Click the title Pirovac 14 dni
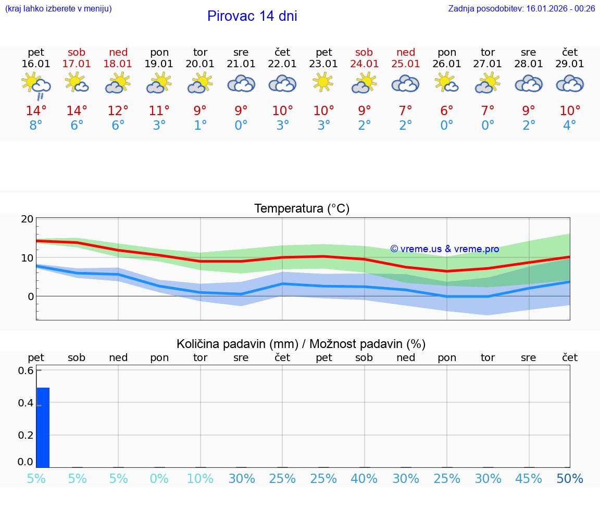tap(252, 16)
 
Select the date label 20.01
tap(201, 64)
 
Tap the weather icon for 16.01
tap(36, 85)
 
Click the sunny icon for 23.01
tap(323, 82)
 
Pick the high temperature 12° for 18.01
tap(118, 111)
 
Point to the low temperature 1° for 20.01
tap(201, 126)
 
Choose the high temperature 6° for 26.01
tap(447, 111)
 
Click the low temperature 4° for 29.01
tap(570, 126)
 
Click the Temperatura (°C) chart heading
tap(302, 209)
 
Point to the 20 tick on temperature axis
tap(27, 219)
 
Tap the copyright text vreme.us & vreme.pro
tap(445, 249)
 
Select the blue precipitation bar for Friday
tap(43, 427)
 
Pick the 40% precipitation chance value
tap(364, 479)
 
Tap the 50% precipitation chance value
tap(570, 479)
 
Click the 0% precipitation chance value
tap(159, 479)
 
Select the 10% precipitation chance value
tap(201, 479)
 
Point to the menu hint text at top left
tap(58, 8)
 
